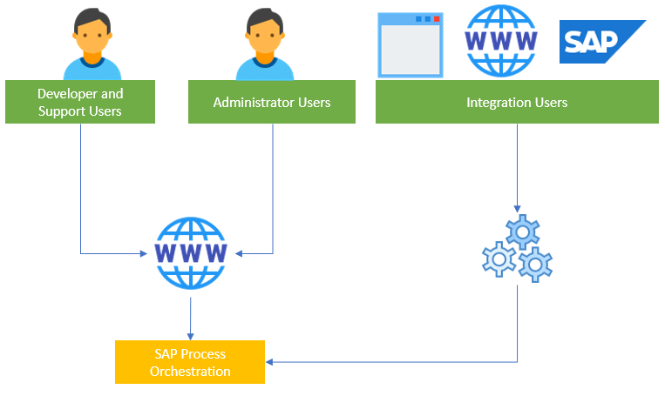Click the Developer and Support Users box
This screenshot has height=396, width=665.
point(80,102)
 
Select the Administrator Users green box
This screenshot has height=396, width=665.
point(272,102)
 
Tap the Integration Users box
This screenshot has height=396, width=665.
point(517,102)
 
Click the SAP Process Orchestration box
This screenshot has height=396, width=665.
point(189,362)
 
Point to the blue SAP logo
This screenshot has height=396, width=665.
point(601,42)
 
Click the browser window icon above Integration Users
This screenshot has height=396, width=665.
point(410,44)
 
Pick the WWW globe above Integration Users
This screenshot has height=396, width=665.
point(500,42)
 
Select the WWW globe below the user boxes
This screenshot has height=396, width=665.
point(190,253)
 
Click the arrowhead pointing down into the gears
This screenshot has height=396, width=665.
point(518,209)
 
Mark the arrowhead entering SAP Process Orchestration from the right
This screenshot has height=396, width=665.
point(269,361)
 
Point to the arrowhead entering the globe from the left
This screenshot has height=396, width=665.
point(146,254)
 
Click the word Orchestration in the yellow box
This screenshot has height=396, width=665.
point(190,372)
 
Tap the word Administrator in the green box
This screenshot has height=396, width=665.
point(248,102)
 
